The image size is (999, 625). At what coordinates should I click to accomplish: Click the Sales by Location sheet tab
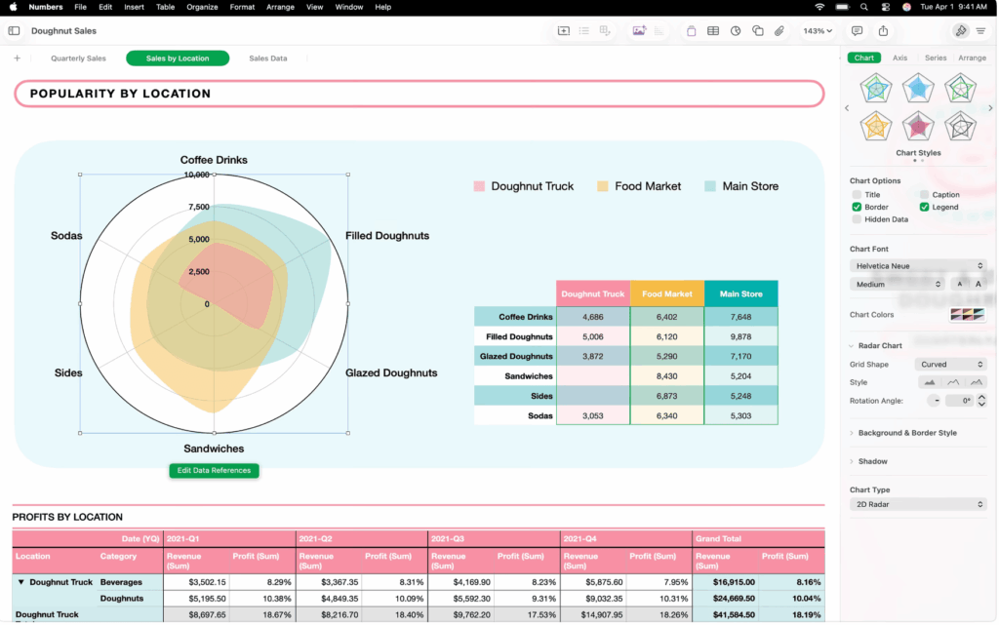178,59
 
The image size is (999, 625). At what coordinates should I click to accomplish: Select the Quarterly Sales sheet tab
78,59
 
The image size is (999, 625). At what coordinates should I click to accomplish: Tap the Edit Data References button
214,471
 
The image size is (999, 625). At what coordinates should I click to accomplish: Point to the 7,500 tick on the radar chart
199,207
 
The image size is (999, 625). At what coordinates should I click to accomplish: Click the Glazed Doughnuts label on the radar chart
391,372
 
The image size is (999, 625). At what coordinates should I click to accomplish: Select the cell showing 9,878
740,336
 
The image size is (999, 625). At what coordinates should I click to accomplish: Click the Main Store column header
740,293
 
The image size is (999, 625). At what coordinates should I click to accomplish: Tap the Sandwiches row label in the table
528,376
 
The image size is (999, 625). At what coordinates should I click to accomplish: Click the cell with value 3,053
592,415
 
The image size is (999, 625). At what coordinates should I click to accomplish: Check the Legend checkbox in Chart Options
925,207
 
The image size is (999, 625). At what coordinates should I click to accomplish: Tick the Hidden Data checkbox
857,219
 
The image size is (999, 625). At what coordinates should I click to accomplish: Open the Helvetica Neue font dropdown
917,266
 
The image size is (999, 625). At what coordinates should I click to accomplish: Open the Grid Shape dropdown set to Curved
951,365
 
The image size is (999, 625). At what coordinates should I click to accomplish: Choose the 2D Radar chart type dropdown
917,504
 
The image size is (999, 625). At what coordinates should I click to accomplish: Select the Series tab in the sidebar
935,58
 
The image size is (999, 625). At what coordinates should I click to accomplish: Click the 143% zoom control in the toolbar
817,31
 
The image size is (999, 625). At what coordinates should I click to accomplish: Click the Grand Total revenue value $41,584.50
723,615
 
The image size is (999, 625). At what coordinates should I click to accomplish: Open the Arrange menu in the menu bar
280,7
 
